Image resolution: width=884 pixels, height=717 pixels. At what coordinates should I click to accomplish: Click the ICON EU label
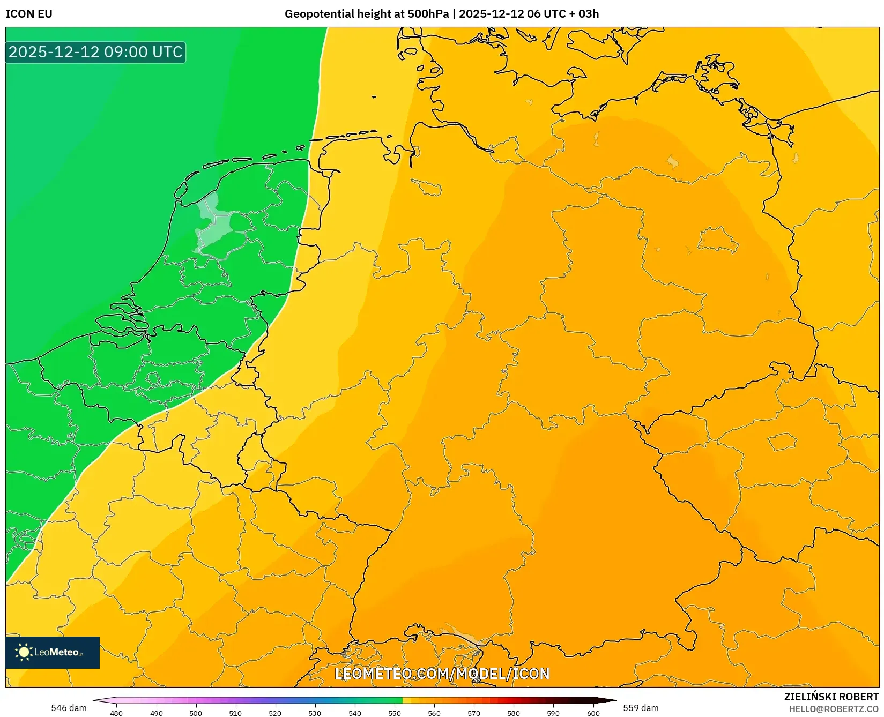pyautogui.click(x=29, y=14)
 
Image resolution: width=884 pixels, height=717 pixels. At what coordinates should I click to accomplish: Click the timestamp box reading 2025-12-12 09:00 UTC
pyautogui.click(x=95, y=52)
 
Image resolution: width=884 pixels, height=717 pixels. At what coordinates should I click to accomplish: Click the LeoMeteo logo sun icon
pyautogui.click(x=24, y=652)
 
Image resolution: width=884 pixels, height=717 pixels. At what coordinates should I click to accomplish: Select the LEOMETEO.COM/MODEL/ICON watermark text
pyautogui.click(x=442, y=674)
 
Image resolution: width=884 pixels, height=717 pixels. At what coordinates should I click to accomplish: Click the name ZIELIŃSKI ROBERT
pyautogui.click(x=831, y=697)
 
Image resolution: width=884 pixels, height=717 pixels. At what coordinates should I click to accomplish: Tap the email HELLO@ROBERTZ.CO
pyautogui.click(x=834, y=709)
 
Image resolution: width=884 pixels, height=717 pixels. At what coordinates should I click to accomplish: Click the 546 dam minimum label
pyautogui.click(x=69, y=708)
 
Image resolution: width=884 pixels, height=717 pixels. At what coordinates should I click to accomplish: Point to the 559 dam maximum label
pyautogui.click(x=641, y=708)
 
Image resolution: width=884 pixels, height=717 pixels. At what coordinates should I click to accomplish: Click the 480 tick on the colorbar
pyautogui.click(x=116, y=713)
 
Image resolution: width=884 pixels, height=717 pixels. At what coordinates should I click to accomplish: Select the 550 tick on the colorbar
pyautogui.click(x=395, y=713)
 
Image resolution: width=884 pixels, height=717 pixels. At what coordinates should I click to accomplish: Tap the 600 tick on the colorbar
pyautogui.click(x=593, y=713)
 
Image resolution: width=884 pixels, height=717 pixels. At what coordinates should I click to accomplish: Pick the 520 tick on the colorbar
pyautogui.click(x=275, y=713)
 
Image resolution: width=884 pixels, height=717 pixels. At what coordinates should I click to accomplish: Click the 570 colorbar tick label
pyautogui.click(x=474, y=713)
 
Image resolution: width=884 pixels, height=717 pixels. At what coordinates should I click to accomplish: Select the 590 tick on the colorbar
pyautogui.click(x=553, y=713)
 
